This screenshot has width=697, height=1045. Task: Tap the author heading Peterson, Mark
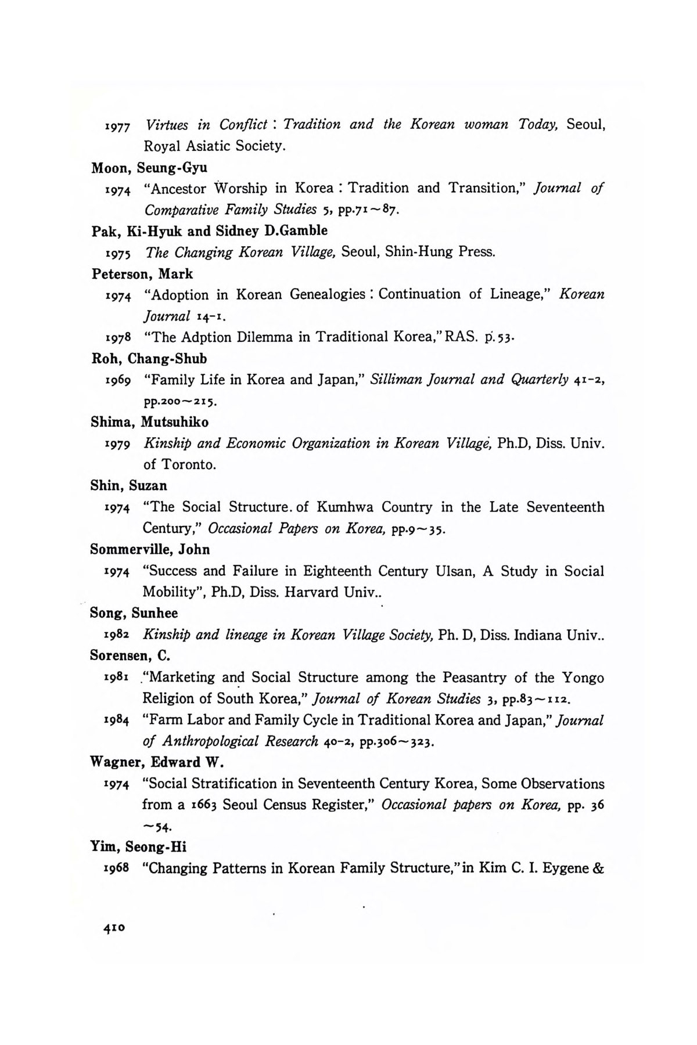coord(142,273)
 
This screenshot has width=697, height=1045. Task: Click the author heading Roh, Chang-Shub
coord(149,358)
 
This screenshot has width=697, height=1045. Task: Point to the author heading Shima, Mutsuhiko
coord(150,422)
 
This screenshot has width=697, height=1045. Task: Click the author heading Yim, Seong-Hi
coord(138,847)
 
